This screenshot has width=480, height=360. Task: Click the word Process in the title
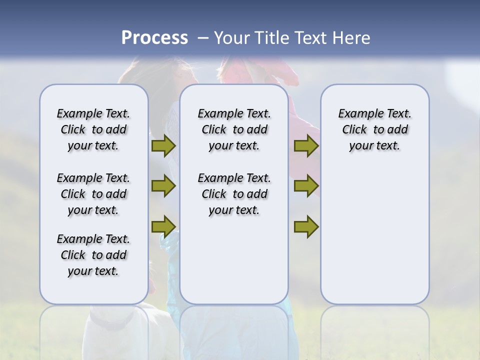(x=154, y=37)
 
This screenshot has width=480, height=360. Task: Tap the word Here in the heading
(x=351, y=37)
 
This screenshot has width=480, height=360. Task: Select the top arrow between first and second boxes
(x=163, y=145)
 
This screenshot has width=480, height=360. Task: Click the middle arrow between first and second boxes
(x=163, y=186)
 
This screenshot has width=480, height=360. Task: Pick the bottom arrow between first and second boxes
(x=163, y=226)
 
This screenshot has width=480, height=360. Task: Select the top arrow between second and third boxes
(x=306, y=145)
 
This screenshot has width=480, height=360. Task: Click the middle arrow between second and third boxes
(x=306, y=186)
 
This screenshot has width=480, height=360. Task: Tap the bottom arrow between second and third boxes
(x=306, y=226)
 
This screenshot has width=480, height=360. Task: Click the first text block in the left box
(x=93, y=129)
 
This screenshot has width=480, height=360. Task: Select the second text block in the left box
(x=93, y=194)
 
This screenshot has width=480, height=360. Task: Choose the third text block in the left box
(x=93, y=255)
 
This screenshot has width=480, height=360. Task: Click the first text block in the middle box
(x=234, y=129)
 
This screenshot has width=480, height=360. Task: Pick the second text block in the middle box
(x=234, y=194)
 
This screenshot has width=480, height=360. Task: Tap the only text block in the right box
(x=374, y=129)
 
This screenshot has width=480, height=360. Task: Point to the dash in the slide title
(x=203, y=38)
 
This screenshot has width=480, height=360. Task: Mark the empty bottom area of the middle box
(x=234, y=262)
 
